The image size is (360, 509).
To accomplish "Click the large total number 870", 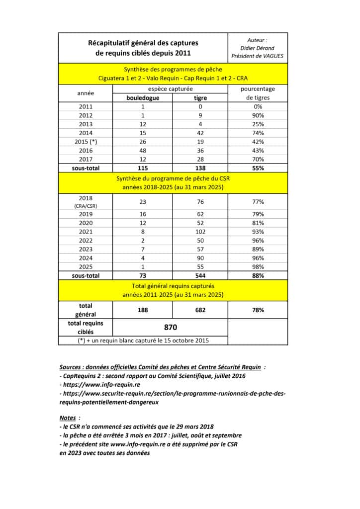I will [x=171, y=328].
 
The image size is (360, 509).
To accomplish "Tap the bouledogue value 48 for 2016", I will [x=142, y=151].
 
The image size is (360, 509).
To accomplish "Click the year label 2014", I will [x=86, y=133].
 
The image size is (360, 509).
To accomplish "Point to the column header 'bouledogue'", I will [x=142, y=98].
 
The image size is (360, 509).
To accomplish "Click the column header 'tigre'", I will [x=200, y=98].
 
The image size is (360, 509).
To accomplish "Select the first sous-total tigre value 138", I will [x=200, y=169].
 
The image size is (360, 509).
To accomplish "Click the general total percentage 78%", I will [x=258, y=310].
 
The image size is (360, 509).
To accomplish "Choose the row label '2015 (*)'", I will [x=86, y=142].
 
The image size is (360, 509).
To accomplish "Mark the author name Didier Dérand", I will [x=258, y=48].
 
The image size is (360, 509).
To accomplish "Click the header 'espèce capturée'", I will [x=171, y=89].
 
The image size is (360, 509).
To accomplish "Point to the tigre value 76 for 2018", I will [x=200, y=201].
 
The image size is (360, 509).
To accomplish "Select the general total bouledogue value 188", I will [x=142, y=310].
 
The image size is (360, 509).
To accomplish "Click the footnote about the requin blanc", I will [x=143, y=340].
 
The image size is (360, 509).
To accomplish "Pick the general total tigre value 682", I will [x=200, y=310].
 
